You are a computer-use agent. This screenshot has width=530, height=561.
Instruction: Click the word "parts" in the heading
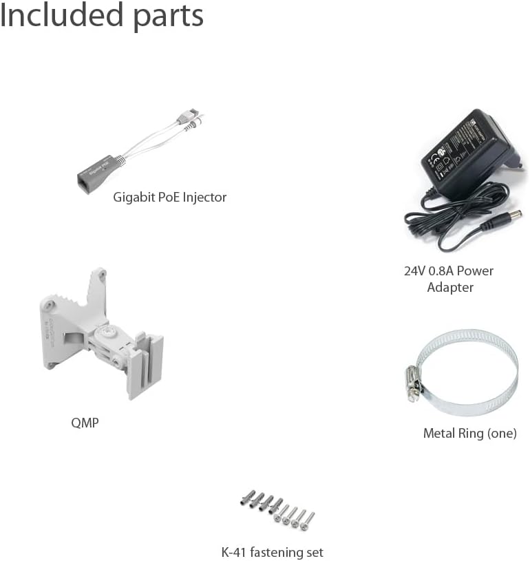[169, 18]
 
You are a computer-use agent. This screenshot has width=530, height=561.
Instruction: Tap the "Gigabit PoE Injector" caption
[169, 198]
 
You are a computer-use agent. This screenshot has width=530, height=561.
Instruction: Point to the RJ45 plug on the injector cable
[189, 115]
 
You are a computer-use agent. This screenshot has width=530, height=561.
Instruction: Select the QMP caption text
[85, 423]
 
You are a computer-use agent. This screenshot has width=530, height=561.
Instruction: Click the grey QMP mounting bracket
[102, 332]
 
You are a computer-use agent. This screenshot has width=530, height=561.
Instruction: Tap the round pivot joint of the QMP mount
[107, 332]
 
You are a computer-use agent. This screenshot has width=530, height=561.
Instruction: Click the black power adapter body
[469, 154]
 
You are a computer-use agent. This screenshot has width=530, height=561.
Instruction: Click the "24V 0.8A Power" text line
[449, 271]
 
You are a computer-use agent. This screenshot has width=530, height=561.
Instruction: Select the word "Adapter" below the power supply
[450, 287]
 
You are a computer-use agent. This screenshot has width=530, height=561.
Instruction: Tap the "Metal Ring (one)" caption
[470, 433]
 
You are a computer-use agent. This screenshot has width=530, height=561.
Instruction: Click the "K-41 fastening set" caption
[273, 552]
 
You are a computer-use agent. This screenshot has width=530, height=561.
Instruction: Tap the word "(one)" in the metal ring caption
[501, 434]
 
